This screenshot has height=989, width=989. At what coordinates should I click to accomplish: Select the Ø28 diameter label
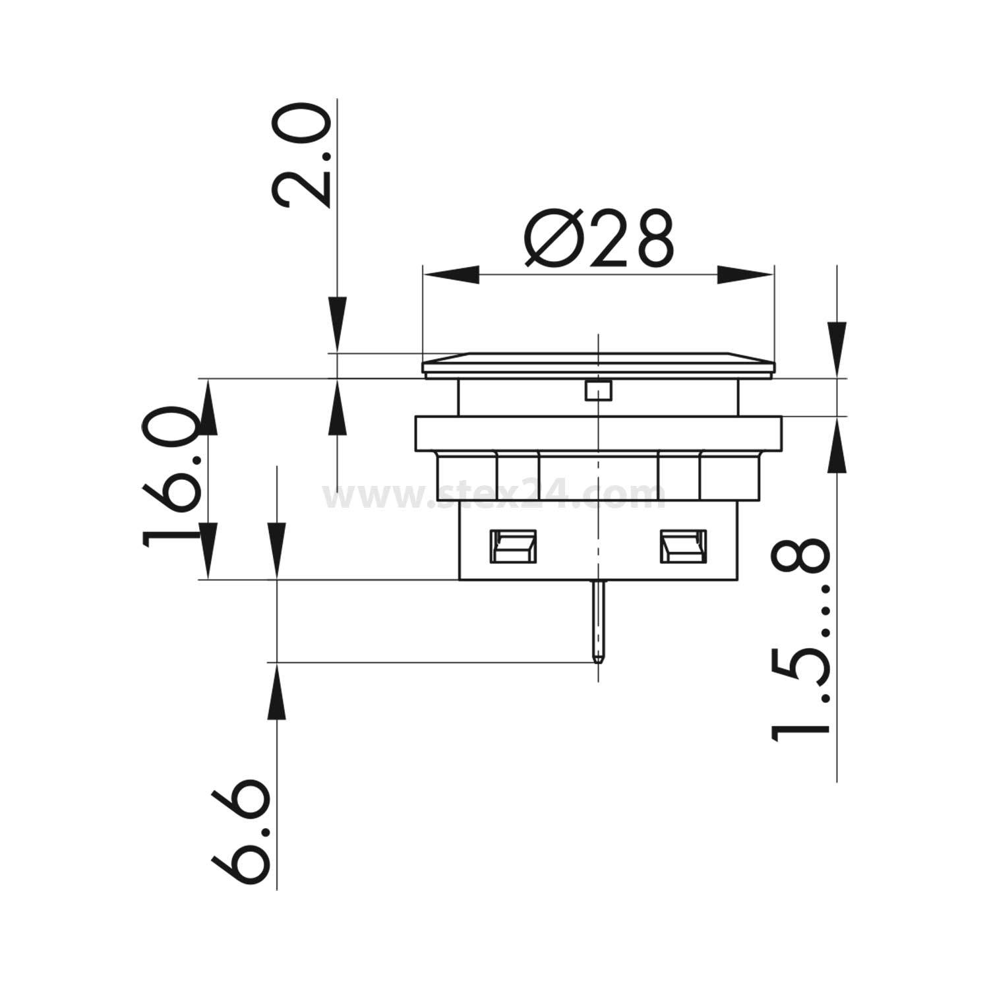point(599,239)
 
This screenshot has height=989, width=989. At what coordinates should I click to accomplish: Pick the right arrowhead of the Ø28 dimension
point(744,275)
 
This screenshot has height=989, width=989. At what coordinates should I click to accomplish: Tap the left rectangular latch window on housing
point(513,547)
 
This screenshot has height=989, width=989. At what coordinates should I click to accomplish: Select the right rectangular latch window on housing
point(682,547)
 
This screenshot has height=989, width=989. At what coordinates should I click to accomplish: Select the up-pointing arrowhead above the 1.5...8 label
point(836,445)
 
